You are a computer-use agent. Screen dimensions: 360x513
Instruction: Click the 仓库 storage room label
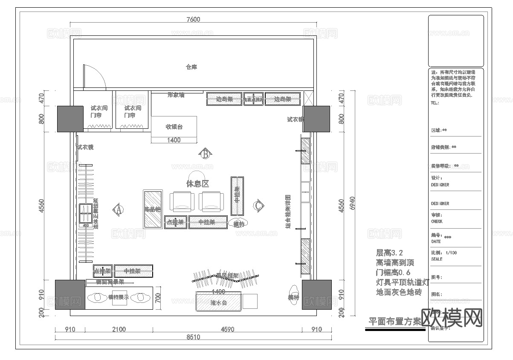click(x=191, y=67)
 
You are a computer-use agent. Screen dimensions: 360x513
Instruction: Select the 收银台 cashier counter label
click(x=174, y=127)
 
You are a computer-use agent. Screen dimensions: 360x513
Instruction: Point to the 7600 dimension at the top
click(x=193, y=19)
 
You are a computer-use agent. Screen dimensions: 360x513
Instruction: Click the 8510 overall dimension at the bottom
click(x=193, y=337)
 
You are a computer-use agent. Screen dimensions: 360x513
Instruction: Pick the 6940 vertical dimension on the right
click(x=352, y=203)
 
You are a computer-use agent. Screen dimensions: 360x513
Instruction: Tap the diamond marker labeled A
click(x=118, y=209)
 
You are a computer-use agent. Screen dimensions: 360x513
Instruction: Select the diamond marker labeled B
click(x=205, y=154)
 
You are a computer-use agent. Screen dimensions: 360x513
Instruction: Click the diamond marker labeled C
click(x=258, y=205)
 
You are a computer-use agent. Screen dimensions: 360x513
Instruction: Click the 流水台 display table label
click(x=218, y=303)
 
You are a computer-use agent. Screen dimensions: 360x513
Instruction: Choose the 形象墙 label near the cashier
click(x=176, y=95)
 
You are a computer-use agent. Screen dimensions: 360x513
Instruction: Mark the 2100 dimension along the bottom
click(x=119, y=329)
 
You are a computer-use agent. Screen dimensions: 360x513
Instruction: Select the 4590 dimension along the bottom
click(x=227, y=329)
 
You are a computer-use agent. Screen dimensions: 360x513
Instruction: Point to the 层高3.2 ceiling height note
click(x=389, y=253)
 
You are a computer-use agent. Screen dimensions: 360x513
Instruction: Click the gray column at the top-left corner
click(x=70, y=119)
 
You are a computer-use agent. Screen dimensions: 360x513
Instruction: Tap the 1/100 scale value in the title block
click(x=451, y=253)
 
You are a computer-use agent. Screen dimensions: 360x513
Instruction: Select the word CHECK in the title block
click(x=437, y=221)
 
